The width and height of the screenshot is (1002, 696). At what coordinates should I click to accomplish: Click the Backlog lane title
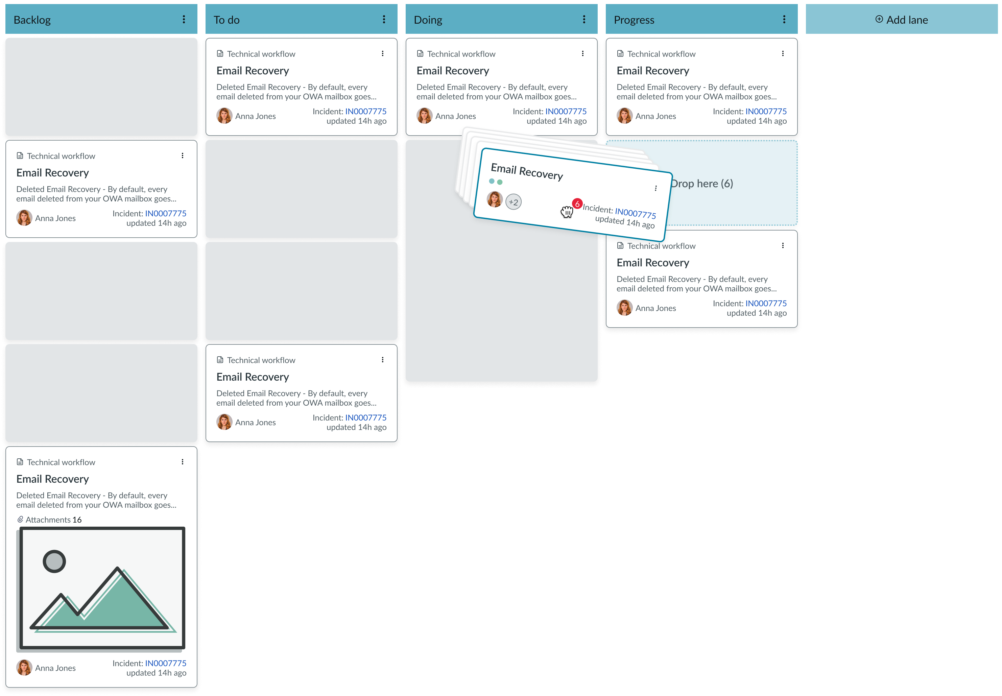pos(32,20)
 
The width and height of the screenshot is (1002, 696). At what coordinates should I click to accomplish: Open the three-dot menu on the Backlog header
pos(184,19)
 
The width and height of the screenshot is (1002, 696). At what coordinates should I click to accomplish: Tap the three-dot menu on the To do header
pos(384,19)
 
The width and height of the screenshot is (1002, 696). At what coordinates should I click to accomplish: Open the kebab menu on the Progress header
pos(784,19)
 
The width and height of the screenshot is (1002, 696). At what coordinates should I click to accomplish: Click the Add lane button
pos(901,20)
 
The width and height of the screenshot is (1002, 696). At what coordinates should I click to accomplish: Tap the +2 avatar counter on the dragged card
pos(513,202)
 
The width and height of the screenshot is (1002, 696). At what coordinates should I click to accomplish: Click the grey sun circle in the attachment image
pos(54,561)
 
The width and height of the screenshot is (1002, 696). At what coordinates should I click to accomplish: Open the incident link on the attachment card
pos(166,663)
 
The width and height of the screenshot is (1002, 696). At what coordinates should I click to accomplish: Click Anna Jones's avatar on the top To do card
pos(224,116)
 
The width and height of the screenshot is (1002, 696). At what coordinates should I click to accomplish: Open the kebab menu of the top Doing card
pos(582,53)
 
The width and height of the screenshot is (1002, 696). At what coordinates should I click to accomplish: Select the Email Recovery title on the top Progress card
pos(653,71)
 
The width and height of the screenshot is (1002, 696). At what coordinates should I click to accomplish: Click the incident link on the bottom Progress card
pos(766,303)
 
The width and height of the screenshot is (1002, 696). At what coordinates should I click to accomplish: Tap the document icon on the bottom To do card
pos(220,360)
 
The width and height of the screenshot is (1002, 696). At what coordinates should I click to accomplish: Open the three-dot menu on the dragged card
pos(656,188)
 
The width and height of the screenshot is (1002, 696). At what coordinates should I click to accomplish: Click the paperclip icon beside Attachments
pos(20,520)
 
